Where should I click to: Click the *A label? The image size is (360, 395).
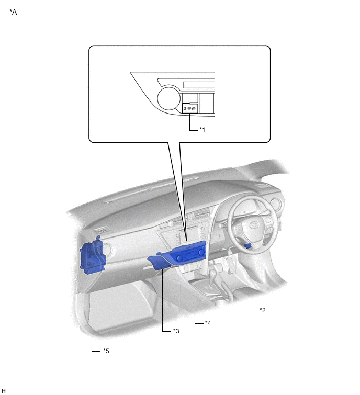click(13, 12)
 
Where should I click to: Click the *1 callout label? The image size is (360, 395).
click(202, 129)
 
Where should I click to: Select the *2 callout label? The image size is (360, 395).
click(263, 310)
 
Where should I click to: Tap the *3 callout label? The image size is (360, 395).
click(176, 331)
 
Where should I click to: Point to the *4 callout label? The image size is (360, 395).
click(208, 323)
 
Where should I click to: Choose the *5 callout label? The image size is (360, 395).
click(106, 351)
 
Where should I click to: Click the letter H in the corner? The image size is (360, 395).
click(3, 391)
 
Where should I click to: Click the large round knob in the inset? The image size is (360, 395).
click(169, 98)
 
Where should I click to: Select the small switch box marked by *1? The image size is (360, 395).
click(190, 108)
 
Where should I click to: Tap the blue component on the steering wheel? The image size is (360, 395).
click(249, 245)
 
